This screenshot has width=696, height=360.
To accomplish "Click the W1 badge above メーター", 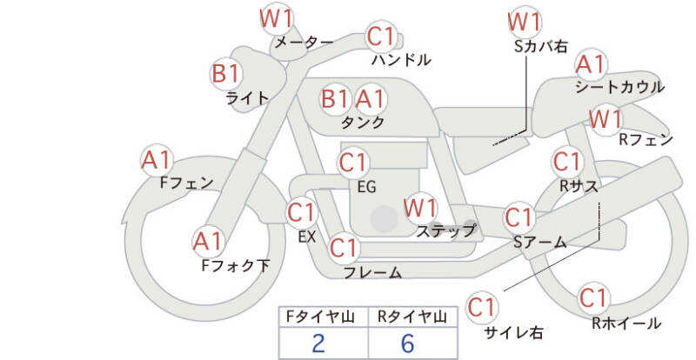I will [x=279, y=18].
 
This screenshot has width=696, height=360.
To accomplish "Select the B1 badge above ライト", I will [x=229, y=72].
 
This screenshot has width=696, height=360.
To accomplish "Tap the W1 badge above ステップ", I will [x=420, y=208].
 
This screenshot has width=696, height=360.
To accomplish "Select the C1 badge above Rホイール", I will [x=593, y=298].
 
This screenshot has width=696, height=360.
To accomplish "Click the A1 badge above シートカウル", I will [x=591, y=63].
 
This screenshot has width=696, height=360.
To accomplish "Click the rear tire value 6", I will [x=407, y=343].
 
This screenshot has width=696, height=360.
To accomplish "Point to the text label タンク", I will [x=363, y=123].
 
